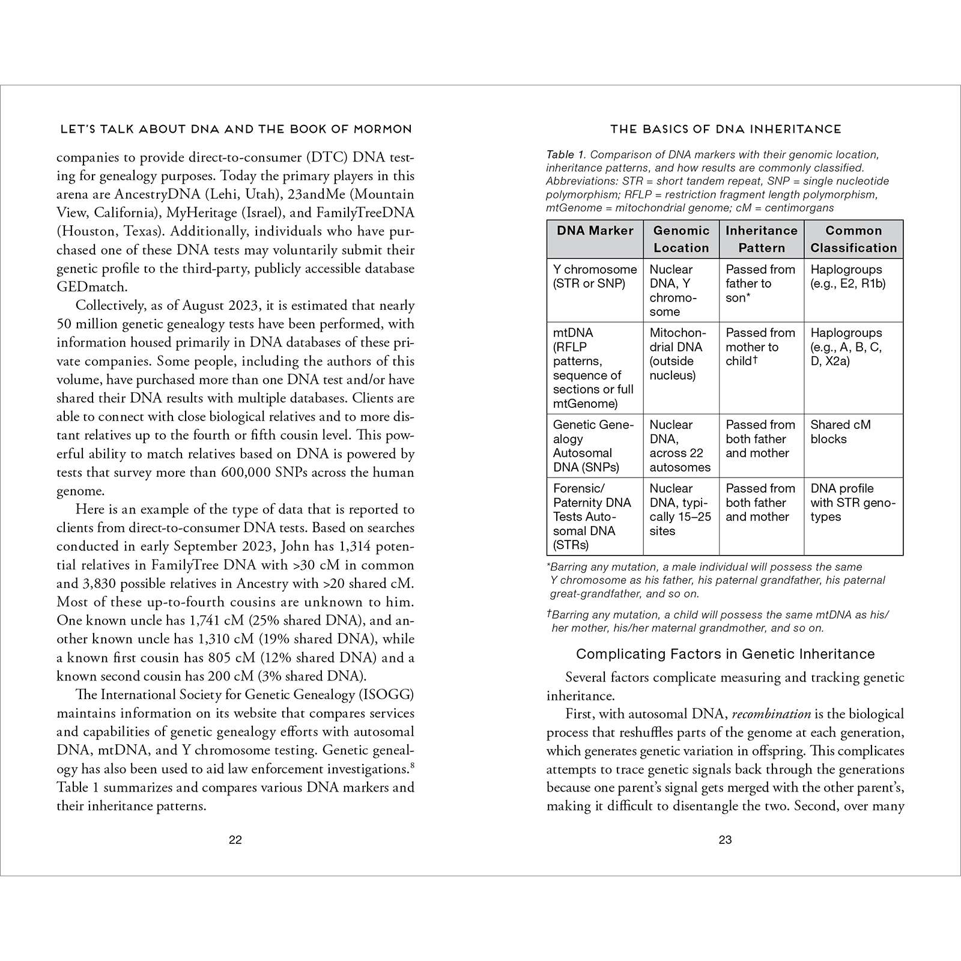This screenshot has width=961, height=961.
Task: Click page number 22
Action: [235, 840]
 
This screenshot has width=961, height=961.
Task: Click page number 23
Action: [725, 840]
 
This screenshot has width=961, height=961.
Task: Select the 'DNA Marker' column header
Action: [595, 231]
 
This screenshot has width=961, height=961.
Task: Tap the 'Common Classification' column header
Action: [853, 239]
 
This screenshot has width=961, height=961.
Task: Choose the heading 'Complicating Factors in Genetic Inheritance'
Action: [725, 654]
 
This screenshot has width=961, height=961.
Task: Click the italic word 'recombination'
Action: [771, 714]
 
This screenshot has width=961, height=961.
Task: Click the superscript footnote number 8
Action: [411, 765]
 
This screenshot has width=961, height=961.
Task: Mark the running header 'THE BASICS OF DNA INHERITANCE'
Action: [725, 129]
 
